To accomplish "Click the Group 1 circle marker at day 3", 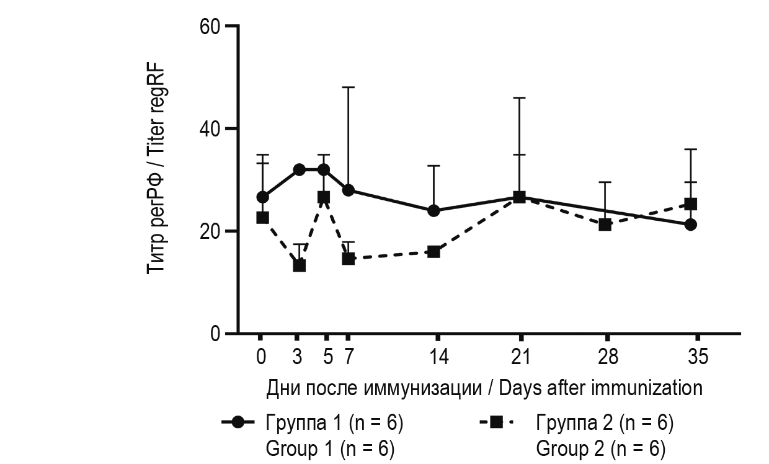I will click(299, 169).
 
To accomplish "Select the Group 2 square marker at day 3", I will click(299, 265).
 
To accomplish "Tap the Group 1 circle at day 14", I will click(433, 210).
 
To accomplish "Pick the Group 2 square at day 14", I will click(433, 251).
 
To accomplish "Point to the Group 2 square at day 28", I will click(605, 225).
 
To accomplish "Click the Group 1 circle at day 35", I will click(691, 225).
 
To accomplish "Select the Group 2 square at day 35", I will click(691, 203).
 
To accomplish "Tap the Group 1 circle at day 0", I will click(262, 197).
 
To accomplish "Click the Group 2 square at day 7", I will click(348, 258).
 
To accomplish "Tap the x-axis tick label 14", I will click(438, 358).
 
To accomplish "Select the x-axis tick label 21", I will click(521, 358).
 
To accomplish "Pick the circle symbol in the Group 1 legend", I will click(238, 423).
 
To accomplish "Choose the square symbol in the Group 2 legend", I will click(496, 423).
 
